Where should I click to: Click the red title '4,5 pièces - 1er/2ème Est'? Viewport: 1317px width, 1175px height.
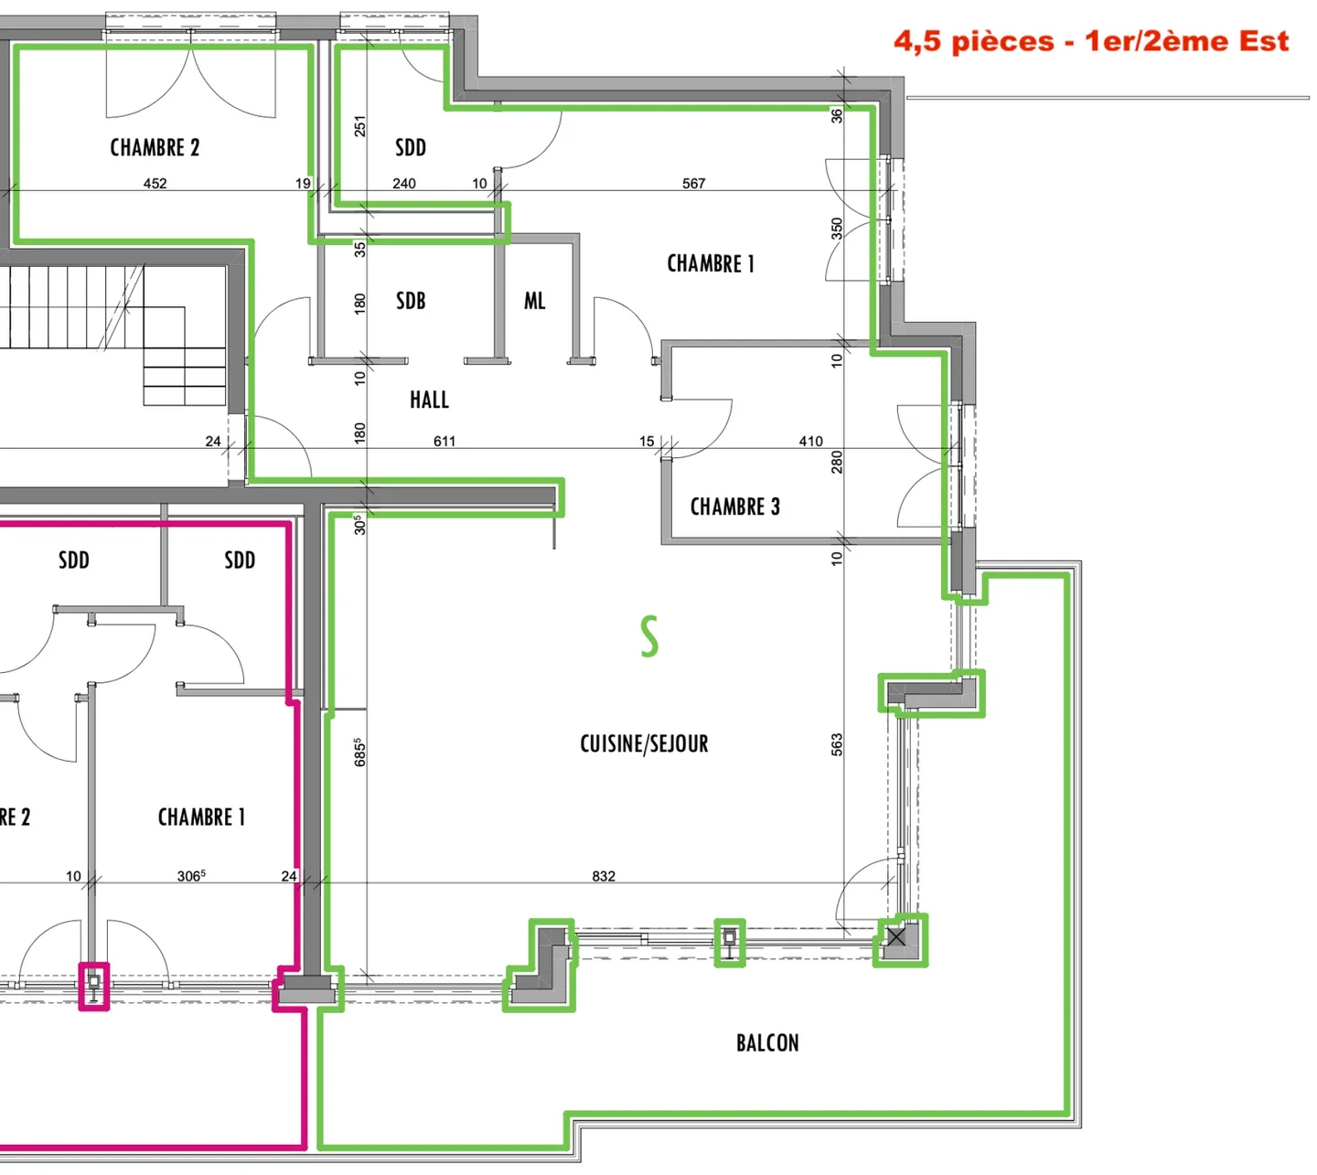(x=1091, y=41)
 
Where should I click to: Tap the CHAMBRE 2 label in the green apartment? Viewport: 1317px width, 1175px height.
(x=155, y=147)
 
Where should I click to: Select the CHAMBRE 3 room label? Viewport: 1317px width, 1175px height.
(x=734, y=507)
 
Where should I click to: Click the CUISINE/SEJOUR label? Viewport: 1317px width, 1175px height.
(x=644, y=743)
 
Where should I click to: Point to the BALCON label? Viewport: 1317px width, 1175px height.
(x=767, y=1042)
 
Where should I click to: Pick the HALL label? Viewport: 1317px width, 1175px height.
(x=429, y=400)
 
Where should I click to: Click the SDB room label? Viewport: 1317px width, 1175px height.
(x=411, y=301)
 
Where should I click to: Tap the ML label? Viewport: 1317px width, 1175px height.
(x=535, y=301)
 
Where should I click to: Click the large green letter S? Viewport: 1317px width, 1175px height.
(x=648, y=636)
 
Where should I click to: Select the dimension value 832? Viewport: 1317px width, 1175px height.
(x=604, y=876)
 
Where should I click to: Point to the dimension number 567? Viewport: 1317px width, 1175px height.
(x=693, y=184)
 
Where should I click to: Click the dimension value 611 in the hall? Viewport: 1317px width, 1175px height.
(x=444, y=442)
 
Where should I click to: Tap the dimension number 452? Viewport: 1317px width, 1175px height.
(x=155, y=184)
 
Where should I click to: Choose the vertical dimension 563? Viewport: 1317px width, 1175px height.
(x=837, y=744)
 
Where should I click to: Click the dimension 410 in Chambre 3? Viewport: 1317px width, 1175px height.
(x=810, y=442)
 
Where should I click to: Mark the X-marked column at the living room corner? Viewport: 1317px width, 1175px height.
(x=896, y=937)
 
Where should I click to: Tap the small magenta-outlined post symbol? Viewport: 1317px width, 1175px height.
(x=94, y=986)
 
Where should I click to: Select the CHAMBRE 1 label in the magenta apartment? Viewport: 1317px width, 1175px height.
(x=201, y=817)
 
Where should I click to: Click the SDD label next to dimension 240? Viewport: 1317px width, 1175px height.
(x=411, y=147)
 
